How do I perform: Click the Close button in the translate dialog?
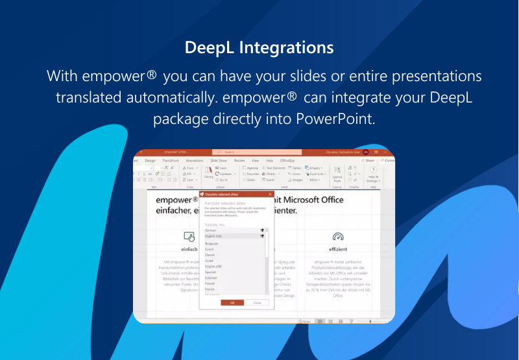pyautogui.click(x=258, y=302)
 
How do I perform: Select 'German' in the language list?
pyautogui.click(x=211, y=230)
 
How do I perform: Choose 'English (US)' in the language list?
pyautogui.click(x=213, y=236)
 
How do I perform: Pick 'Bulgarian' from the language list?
pyautogui.click(x=212, y=243)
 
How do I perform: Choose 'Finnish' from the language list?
pyautogui.click(x=210, y=282)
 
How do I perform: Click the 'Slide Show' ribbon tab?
pyautogui.click(x=219, y=160)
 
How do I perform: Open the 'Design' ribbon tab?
pyautogui.click(x=150, y=160)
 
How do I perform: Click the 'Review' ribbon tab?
pyautogui.click(x=239, y=160)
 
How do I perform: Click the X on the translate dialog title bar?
pyautogui.click(x=270, y=194)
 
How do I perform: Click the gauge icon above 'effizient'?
pyautogui.click(x=337, y=236)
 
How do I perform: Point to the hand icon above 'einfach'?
pyautogui.click(x=189, y=236)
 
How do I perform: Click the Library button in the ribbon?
pyautogui.click(x=208, y=172)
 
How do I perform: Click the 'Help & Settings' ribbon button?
pyautogui.click(x=373, y=173)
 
